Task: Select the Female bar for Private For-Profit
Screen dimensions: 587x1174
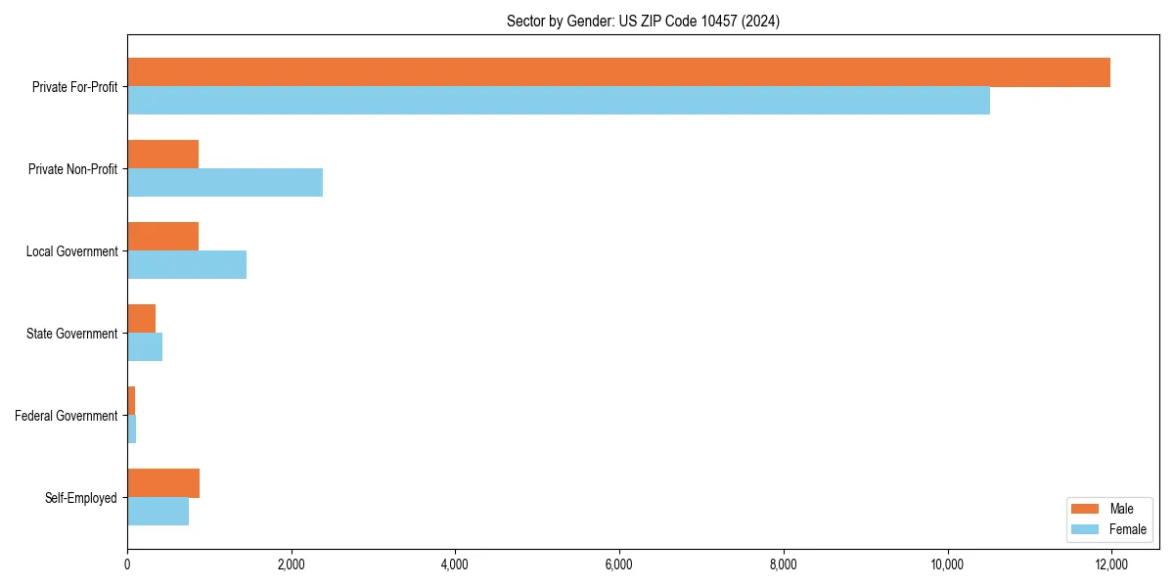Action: point(559,101)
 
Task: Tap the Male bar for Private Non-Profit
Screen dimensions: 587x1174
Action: point(162,155)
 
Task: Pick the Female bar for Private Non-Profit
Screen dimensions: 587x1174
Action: point(225,183)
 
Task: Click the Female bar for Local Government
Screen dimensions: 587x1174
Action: point(187,265)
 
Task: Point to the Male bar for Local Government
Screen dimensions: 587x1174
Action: point(162,237)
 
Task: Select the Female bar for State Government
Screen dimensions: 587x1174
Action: point(145,347)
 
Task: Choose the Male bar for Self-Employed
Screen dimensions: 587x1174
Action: point(163,483)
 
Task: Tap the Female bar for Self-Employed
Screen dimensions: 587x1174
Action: point(158,512)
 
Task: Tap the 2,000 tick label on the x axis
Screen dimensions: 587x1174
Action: point(292,564)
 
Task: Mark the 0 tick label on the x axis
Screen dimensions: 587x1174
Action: point(127,564)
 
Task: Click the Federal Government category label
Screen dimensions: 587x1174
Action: point(67,416)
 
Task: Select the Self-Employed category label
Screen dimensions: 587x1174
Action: point(81,498)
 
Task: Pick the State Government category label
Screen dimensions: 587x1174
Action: point(72,334)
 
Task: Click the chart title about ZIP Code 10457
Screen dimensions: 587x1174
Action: point(643,21)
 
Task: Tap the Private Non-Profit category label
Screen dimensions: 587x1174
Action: point(72,169)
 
